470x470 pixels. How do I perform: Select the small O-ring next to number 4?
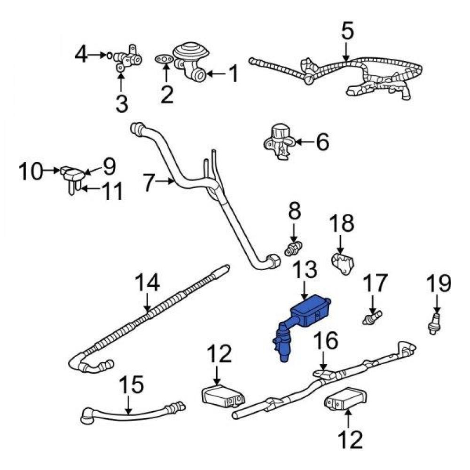[109, 55]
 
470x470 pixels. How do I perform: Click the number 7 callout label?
[149, 183]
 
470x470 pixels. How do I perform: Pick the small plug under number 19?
[435, 326]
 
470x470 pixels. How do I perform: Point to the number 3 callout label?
[121, 103]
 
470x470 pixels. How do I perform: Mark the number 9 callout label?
[109, 165]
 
